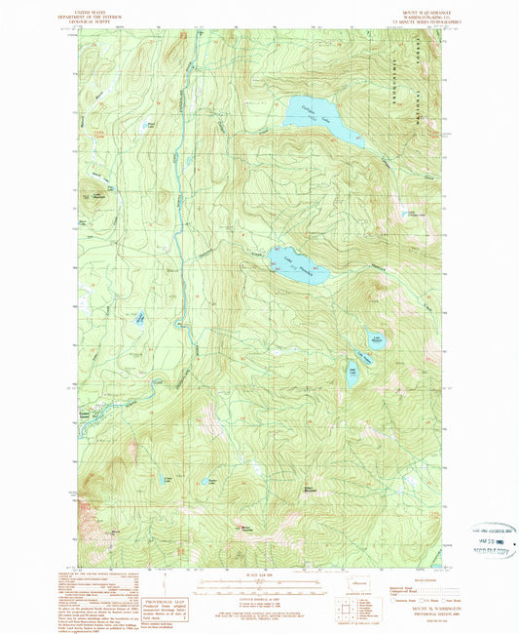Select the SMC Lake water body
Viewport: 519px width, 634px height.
click(352, 374)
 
